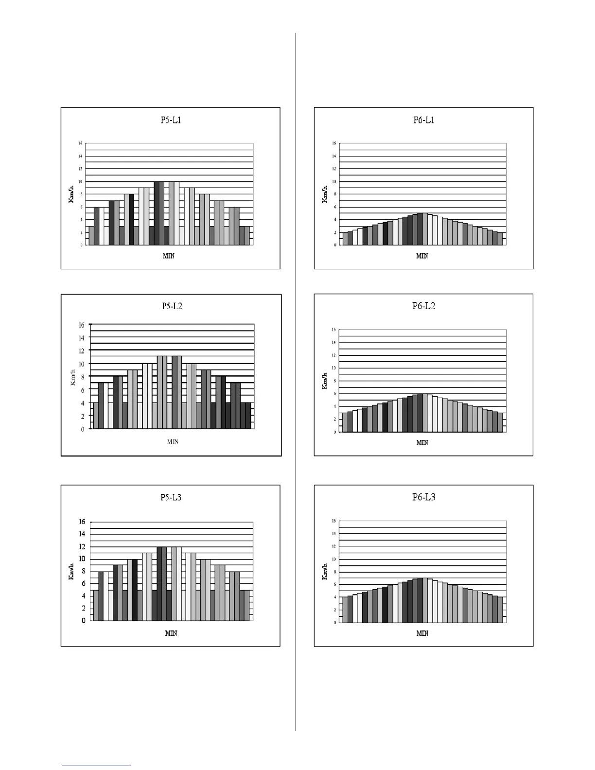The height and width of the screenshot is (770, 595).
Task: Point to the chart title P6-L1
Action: tap(423, 120)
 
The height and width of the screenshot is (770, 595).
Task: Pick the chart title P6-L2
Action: tap(423, 306)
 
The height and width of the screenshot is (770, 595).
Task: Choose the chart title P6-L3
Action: tap(423, 497)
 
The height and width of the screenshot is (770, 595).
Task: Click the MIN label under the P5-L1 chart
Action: tap(168, 256)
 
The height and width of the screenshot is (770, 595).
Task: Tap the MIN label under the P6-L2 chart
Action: tap(422, 442)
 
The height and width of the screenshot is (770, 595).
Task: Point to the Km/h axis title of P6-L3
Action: tap(324, 571)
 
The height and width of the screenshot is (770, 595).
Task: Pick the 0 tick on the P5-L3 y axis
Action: tap(84, 621)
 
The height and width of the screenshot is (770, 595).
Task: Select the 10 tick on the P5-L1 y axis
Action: tap(80, 181)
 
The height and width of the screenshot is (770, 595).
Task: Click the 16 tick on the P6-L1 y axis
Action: tap(334, 143)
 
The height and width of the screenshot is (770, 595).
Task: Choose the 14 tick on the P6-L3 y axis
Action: tap(334, 534)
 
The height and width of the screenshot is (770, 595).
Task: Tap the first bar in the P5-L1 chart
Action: tap(91, 235)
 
